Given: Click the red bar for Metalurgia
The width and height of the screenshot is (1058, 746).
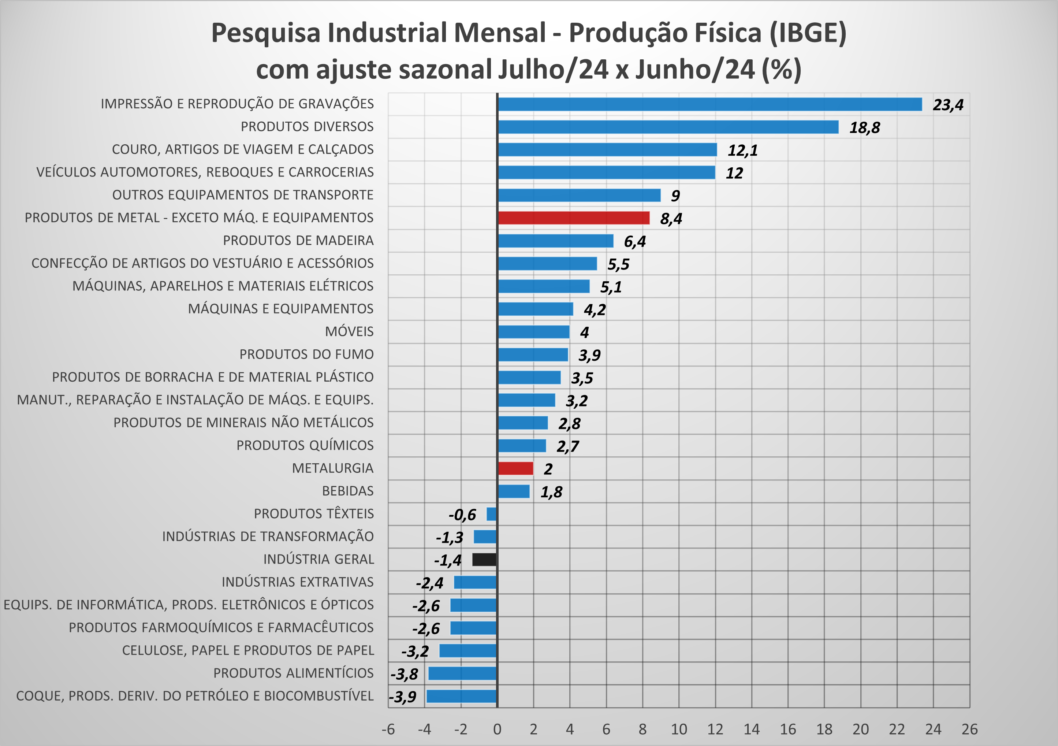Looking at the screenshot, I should pos(515,468).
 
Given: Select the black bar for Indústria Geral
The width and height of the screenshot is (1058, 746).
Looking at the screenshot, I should pos(484,559).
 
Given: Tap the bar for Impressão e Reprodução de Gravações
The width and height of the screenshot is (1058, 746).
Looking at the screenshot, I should pos(709,104).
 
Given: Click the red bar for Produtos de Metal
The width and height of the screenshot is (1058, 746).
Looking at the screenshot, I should pos(574,218).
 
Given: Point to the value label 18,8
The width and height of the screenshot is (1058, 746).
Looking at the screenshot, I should pos(864,128).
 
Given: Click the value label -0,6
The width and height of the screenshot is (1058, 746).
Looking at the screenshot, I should pos(462,515).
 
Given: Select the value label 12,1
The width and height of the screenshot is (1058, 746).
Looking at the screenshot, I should pos(742,150).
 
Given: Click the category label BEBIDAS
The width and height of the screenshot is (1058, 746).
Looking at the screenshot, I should pos(348,491).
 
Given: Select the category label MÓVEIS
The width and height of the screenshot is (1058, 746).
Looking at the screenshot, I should pos(349,331).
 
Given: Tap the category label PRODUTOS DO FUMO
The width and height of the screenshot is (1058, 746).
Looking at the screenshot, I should pos(306,354).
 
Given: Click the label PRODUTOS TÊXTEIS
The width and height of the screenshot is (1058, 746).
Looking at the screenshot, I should pos(314,513).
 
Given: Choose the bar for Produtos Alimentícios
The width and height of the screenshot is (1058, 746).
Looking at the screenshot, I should pos(463,673).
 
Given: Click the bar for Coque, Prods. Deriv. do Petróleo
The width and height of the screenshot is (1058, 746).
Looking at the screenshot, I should pos(462,696).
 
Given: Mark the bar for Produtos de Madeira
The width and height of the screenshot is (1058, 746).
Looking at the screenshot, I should pos(555,241).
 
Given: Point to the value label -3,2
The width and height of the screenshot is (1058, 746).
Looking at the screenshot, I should pos(415,652).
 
